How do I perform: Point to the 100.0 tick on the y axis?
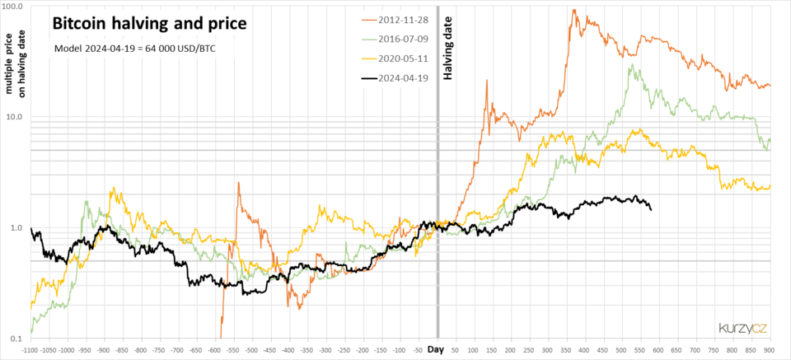(16, 6)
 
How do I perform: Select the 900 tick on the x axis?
(770, 350)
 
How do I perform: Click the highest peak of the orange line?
(572, 10)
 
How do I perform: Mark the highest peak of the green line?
(630, 65)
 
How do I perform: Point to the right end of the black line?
(651, 209)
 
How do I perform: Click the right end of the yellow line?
(770, 187)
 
